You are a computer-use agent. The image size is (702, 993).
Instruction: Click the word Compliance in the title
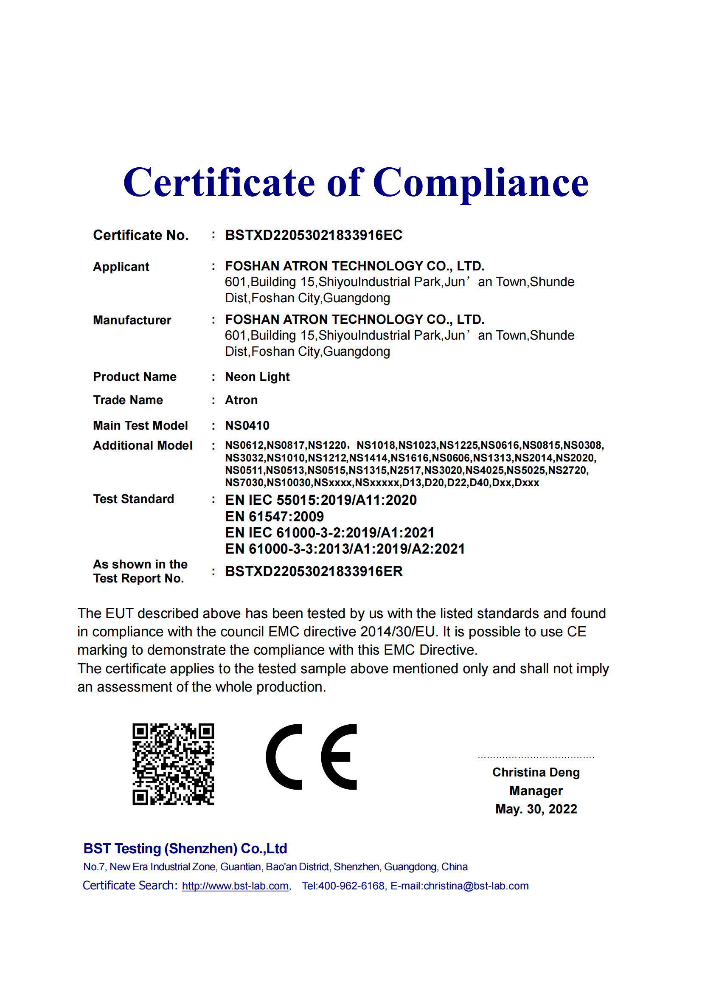(x=480, y=183)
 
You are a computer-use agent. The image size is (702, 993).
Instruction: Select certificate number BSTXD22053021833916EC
(x=313, y=235)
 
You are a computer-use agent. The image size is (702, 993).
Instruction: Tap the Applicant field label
(x=121, y=267)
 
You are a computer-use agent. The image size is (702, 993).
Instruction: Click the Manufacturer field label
(x=132, y=321)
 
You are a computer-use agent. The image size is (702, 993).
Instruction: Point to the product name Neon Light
(x=257, y=377)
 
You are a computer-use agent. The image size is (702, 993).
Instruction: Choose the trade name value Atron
(x=241, y=400)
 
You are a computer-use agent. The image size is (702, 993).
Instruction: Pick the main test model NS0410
(x=247, y=425)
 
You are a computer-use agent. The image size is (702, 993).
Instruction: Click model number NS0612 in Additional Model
(x=244, y=445)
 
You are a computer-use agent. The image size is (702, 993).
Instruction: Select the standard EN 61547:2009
(x=275, y=516)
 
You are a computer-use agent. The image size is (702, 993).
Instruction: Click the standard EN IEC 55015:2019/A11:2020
(x=321, y=500)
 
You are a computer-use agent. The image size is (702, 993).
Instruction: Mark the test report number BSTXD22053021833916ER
(x=314, y=571)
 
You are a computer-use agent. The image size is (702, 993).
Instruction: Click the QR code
(x=173, y=764)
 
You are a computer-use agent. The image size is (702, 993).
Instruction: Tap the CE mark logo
(x=311, y=757)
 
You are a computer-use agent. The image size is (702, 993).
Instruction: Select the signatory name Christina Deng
(x=536, y=772)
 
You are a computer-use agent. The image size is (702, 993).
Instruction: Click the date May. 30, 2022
(x=536, y=809)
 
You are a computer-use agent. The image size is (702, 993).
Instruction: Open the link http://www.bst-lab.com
(x=235, y=886)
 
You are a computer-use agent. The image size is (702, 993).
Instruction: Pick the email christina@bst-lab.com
(x=476, y=886)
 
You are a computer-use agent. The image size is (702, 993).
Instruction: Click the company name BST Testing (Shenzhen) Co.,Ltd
(x=185, y=849)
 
